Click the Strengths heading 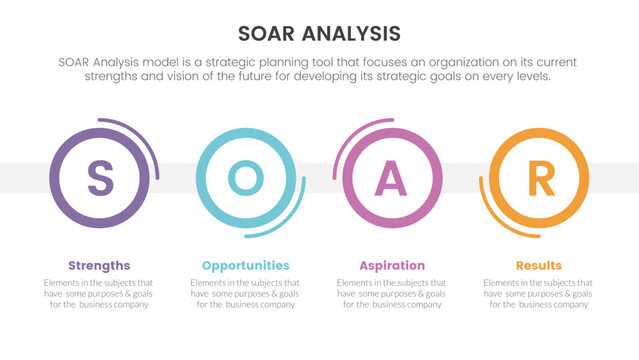99,265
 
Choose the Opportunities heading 245,265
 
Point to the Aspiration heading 392,265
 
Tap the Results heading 539,265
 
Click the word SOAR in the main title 272,33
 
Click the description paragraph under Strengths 99,293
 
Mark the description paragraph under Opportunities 245,293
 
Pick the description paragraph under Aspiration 392,293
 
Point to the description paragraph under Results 539,293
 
